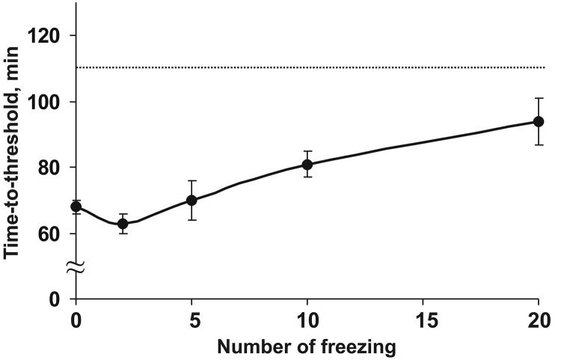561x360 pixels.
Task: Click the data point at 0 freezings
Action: click(76, 207)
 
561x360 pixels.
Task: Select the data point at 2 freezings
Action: click(123, 223)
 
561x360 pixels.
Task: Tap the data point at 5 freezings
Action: click(191, 200)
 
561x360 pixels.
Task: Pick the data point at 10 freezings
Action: click(307, 164)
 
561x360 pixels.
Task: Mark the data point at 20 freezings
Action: click(538, 121)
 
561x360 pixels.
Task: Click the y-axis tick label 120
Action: click(46, 36)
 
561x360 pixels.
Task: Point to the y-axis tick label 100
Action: click(46, 102)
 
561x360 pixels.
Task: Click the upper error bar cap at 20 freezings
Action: click(538, 98)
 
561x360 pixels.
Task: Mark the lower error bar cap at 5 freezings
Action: click(191, 219)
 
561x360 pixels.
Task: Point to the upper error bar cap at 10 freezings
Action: click(307, 151)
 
